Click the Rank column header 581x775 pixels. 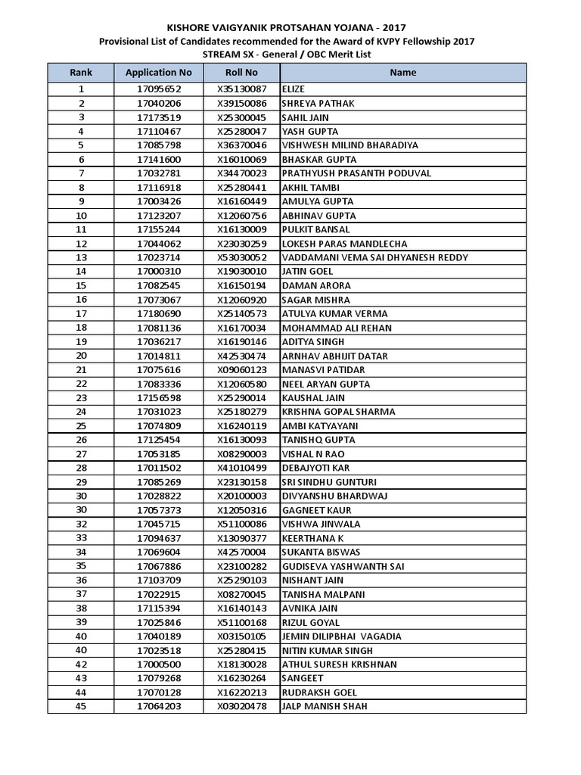(x=81, y=73)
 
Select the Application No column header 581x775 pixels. (x=159, y=73)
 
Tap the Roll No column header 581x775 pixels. (x=241, y=73)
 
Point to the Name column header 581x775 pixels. (x=402, y=73)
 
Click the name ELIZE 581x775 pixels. (x=294, y=89)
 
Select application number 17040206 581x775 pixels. (x=159, y=104)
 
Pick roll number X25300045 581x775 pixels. (x=241, y=117)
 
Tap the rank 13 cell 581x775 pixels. (x=81, y=257)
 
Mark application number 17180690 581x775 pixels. (x=159, y=313)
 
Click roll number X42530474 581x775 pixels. (x=241, y=356)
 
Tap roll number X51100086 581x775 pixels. (x=241, y=524)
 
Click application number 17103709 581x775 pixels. (x=159, y=580)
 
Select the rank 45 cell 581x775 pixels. (x=81, y=706)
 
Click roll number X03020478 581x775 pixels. (x=241, y=706)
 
